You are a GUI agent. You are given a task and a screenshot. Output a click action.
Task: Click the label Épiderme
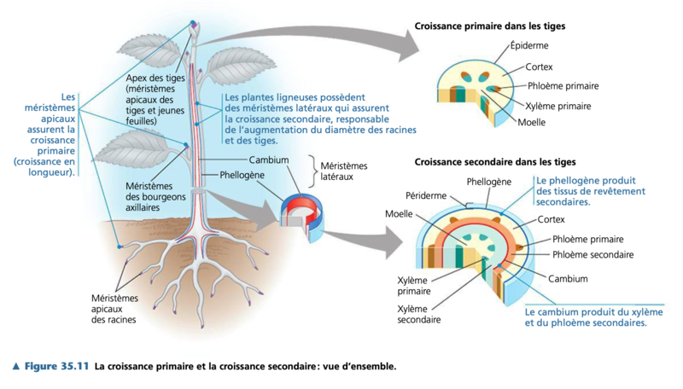click(528, 46)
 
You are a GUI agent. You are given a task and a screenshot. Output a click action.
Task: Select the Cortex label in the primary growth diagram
click(539, 67)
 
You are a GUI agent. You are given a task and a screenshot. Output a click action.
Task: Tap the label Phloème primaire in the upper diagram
click(563, 86)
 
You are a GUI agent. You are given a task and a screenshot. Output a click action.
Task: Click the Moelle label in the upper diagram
click(531, 123)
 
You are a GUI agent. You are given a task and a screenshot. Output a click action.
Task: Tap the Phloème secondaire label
click(593, 255)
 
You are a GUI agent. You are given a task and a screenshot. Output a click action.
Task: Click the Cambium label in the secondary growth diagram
click(568, 279)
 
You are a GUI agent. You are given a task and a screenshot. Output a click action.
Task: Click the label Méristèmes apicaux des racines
click(114, 309)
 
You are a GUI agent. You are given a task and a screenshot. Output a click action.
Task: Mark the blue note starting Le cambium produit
click(585, 318)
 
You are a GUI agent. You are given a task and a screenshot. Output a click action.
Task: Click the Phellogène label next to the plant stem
click(242, 175)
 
